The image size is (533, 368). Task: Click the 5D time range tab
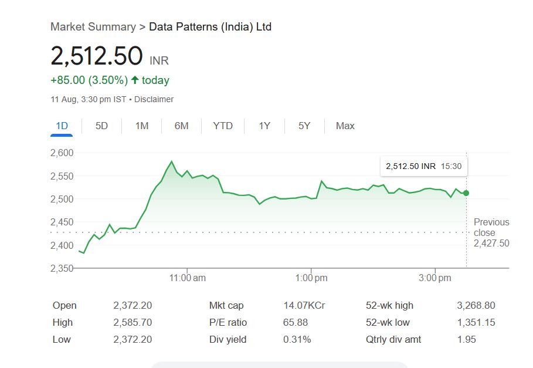[x=101, y=126]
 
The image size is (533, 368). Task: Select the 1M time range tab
[x=141, y=126]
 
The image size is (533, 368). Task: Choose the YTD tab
[x=223, y=126]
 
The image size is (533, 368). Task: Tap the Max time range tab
[x=345, y=126]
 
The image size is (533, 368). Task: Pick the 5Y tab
[x=304, y=126]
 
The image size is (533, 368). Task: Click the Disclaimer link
[x=154, y=99]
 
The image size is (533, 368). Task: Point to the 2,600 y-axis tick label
[x=62, y=153]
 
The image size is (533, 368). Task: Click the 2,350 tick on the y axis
[x=62, y=268]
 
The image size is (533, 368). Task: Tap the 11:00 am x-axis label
[x=188, y=278]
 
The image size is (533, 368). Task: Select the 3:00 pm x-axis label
[x=435, y=278]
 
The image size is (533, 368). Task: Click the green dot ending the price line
[x=466, y=193]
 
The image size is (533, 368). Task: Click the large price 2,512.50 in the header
[x=97, y=56]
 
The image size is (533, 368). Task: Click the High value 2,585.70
[x=133, y=322]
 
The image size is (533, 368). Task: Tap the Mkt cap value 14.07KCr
[x=304, y=305]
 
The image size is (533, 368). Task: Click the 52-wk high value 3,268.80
[x=476, y=305]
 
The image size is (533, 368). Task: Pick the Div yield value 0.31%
[x=297, y=339]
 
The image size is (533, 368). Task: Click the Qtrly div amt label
[x=393, y=339]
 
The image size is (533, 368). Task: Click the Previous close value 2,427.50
[x=491, y=243]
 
